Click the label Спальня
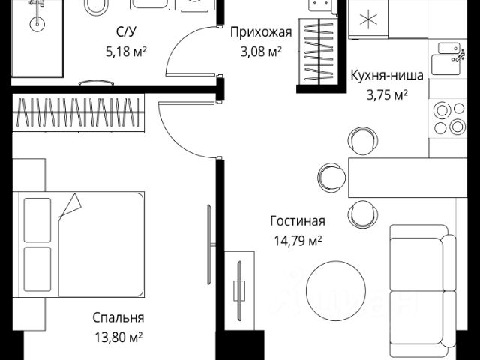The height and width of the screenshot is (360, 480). [119, 318]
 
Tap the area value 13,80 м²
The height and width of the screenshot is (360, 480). [119, 337]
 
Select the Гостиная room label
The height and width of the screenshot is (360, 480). [298, 221]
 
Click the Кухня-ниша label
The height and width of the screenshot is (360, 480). [386, 75]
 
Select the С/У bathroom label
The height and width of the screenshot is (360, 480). [124, 32]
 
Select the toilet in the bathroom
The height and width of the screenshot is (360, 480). [95, 7]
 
